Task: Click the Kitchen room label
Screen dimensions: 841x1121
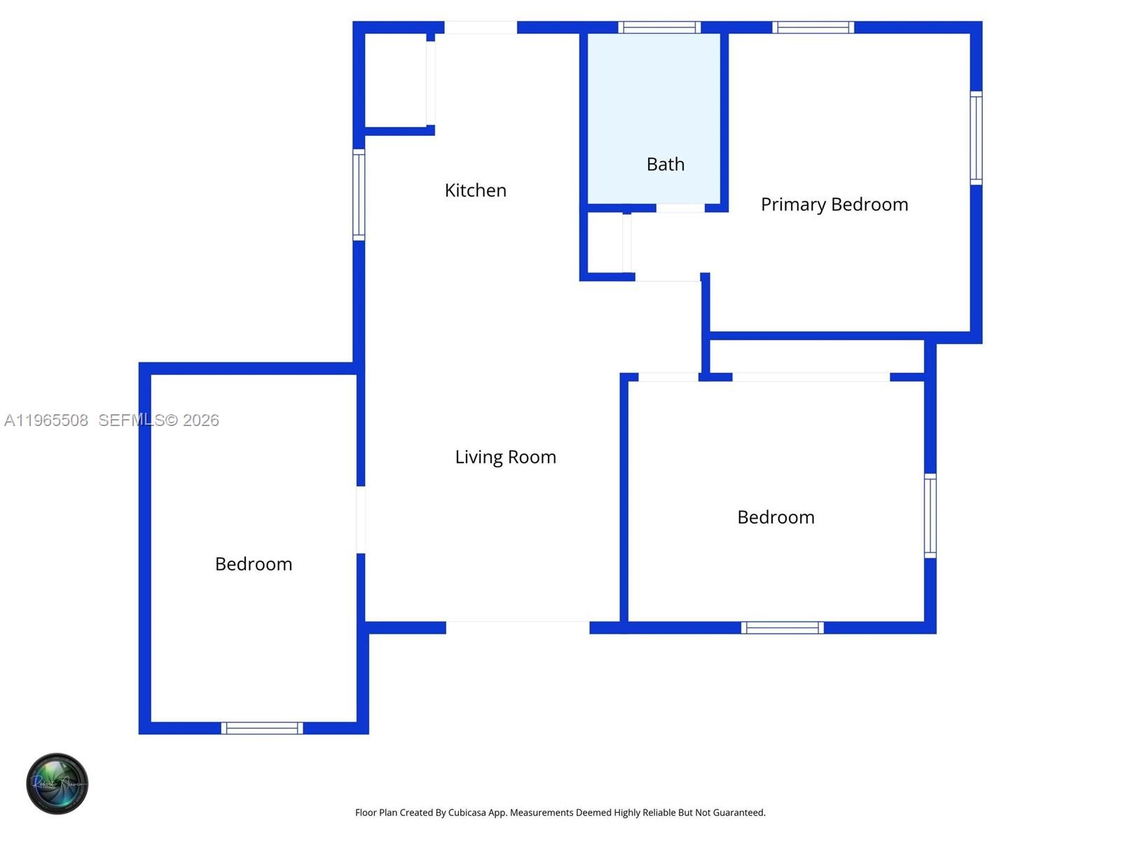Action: [475, 190]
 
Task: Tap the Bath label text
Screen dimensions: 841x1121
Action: [665, 164]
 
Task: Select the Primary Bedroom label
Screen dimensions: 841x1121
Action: [834, 204]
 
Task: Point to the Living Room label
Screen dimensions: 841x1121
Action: [505, 457]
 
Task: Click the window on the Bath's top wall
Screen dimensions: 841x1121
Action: [659, 27]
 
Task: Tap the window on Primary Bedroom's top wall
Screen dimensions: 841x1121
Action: [813, 27]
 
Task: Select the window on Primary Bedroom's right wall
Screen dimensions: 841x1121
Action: [976, 138]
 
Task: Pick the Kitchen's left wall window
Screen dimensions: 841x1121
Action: [359, 195]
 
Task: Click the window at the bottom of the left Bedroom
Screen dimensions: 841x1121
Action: [262, 728]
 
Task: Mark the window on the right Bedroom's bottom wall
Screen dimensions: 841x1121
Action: [782, 627]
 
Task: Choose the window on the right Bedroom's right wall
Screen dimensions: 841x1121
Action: [930, 516]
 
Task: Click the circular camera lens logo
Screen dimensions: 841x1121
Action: [57, 784]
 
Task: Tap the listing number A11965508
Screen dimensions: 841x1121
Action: [46, 420]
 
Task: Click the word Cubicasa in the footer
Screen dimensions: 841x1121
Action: [467, 813]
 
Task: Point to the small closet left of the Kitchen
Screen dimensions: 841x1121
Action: [395, 81]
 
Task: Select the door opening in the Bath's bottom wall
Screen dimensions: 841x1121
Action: [680, 208]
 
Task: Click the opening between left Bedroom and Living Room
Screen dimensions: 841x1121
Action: [361, 519]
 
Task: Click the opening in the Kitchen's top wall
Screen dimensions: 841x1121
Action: [481, 27]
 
